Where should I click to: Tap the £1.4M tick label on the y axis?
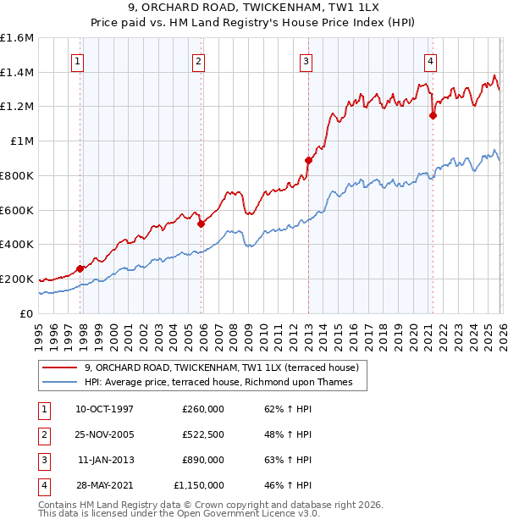tap(17, 72)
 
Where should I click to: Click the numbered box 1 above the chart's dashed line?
tap(78, 61)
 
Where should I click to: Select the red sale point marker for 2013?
tap(308, 160)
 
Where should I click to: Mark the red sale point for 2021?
tap(433, 115)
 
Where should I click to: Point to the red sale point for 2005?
tap(202, 224)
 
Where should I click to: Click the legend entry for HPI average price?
tap(224, 383)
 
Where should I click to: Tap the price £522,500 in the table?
tap(203, 434)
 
